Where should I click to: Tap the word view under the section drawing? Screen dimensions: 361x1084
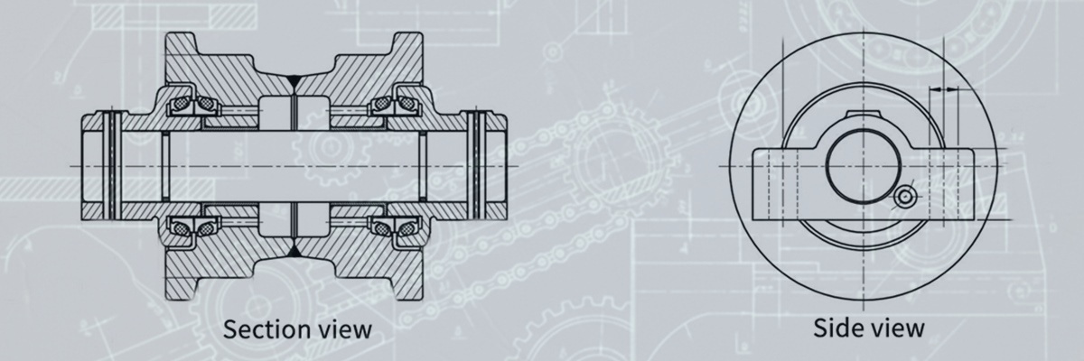[341, 328]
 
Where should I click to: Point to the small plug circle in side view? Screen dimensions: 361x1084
[903, 198]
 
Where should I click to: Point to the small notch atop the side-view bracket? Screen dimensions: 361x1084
[863, 116]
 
